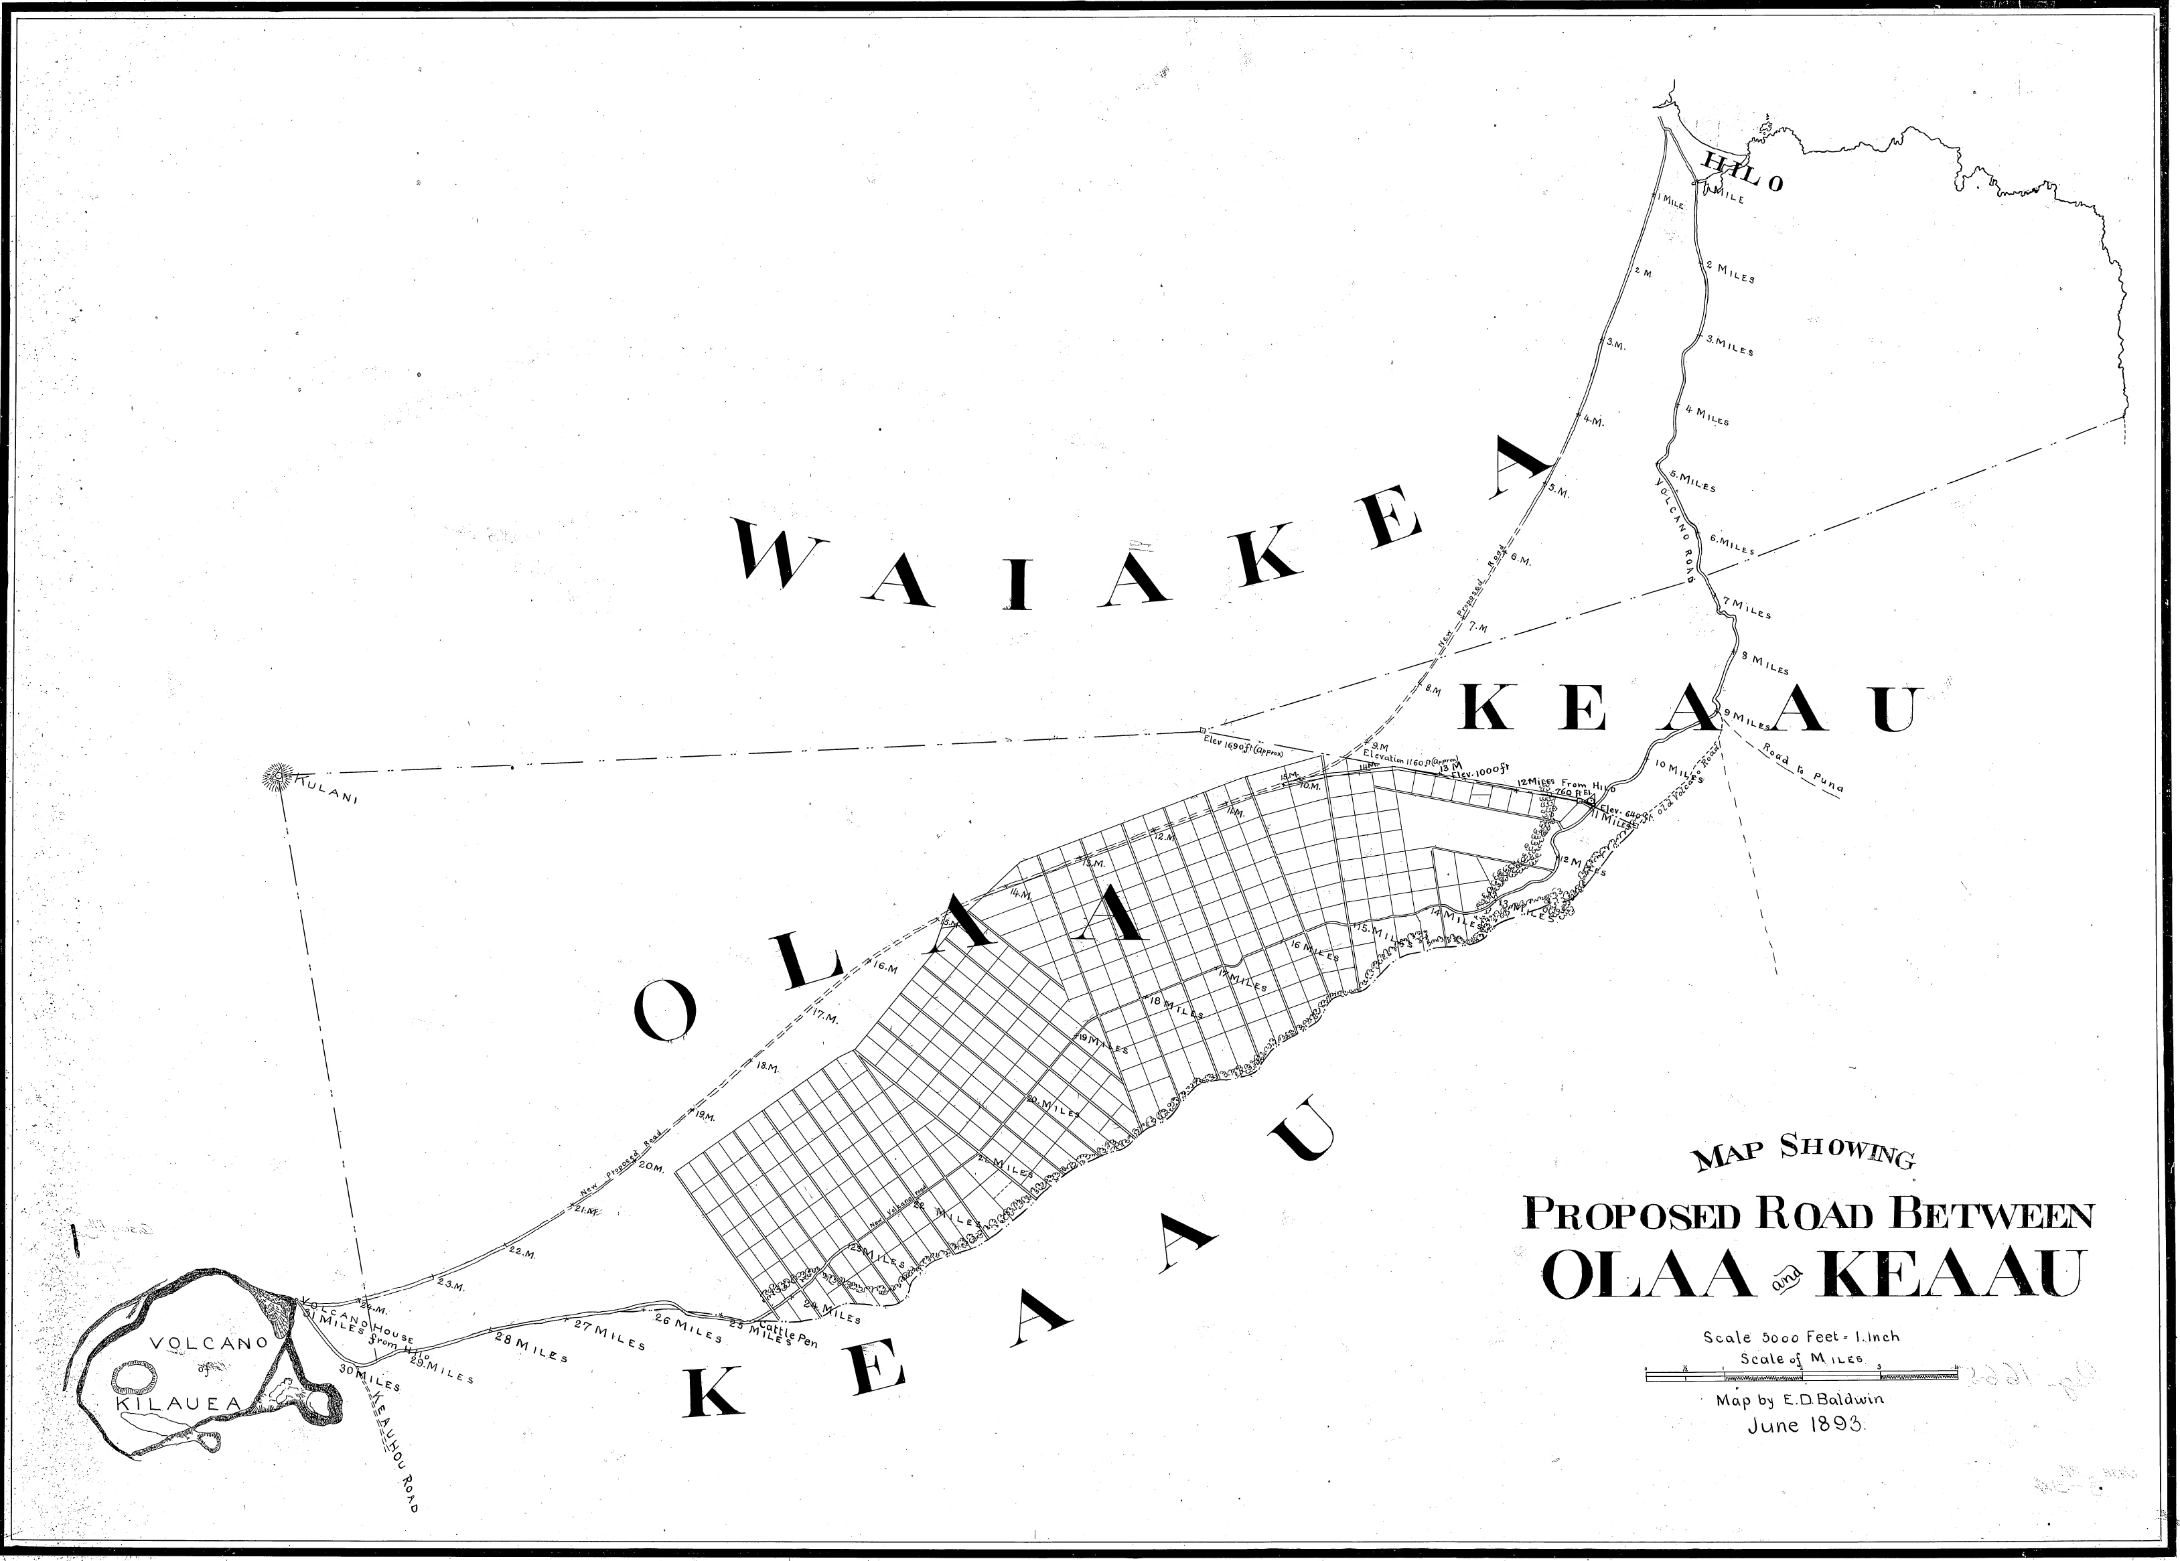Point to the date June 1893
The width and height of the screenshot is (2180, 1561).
[1807, 1424]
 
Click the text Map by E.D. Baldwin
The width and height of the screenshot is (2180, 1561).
[1800, 1400]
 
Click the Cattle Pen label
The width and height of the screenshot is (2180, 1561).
[791, 1336]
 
